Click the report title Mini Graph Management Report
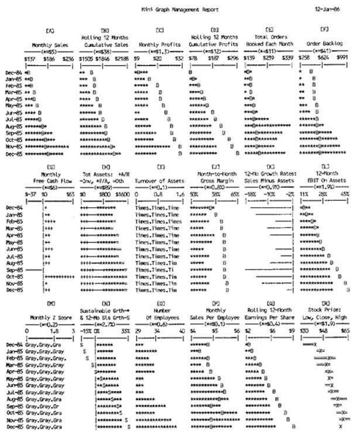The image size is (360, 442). tap(180, 10)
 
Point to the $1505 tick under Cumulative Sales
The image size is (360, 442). tap(85, 59)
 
